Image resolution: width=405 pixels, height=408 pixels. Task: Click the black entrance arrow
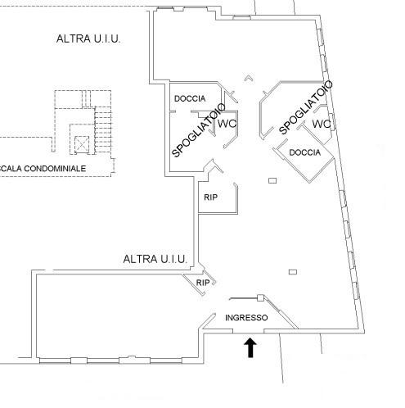click(x=250, y=347)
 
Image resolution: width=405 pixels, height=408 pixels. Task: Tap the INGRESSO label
click(x=246, y=318)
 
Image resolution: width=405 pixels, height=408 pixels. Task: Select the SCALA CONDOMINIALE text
click(x=43, y=169)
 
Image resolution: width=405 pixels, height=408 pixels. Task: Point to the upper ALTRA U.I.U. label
click(x=88, y=39)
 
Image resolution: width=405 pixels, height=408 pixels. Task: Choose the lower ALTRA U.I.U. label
click(x=155, y=259)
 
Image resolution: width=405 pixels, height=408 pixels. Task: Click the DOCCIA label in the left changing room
click(x=190, y=98)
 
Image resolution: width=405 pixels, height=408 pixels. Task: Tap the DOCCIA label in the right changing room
click(x=304, y=152)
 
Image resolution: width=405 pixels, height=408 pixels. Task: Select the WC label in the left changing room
click(x=227, y=124)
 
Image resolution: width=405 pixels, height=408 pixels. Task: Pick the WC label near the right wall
click(x=322, y=124)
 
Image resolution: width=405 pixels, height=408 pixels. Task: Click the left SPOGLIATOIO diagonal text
click(x=198, y=130)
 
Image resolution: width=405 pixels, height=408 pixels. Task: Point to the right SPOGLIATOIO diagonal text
click(x=306, y=107)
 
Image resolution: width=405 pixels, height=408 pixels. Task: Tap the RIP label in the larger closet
click(x=210, y=197)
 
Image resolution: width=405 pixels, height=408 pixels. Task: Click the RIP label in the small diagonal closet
click(x=203, y=283)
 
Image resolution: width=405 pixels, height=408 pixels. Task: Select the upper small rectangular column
click(x=272, y=180)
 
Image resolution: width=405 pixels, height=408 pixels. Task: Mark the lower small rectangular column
click(x=293, y=272)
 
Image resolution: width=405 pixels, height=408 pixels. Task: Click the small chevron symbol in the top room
click(x=248, y=78)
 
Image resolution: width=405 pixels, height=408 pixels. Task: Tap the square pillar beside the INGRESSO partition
click(x=260, y=297)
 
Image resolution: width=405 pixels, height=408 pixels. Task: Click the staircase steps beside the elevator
click(x=103, y=129)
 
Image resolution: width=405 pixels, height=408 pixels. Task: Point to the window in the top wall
click(x=241, y=18)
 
